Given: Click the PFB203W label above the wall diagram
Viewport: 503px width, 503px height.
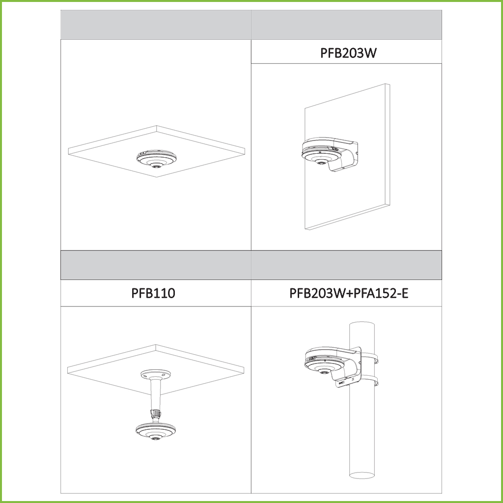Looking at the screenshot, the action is coord(348,53).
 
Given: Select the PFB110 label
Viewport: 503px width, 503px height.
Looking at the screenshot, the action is coord(153,293).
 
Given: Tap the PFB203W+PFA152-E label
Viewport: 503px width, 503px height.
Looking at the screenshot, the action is coord(349,293).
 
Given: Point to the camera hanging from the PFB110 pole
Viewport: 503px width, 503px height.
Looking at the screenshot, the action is coord(156,431).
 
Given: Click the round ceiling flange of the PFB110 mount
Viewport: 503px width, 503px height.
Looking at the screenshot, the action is coord(156,374).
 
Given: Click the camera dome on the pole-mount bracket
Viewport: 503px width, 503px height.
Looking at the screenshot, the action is coord(324,363).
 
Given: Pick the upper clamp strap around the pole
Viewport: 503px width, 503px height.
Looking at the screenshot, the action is coord(369,357).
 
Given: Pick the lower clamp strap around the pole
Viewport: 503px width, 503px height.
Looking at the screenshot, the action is coord(369,381).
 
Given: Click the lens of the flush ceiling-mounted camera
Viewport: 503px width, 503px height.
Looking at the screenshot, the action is coord(157,166).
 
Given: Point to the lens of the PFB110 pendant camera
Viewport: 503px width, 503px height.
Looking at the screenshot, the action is coord(156,438).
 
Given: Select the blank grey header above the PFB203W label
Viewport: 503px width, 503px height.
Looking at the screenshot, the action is coord(346,25).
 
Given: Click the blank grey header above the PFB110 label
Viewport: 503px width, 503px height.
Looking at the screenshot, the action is coord(156,265).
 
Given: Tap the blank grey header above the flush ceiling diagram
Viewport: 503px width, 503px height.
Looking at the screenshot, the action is coord(156,25).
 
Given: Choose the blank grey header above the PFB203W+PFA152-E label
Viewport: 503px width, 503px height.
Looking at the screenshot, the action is coord(346,265).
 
